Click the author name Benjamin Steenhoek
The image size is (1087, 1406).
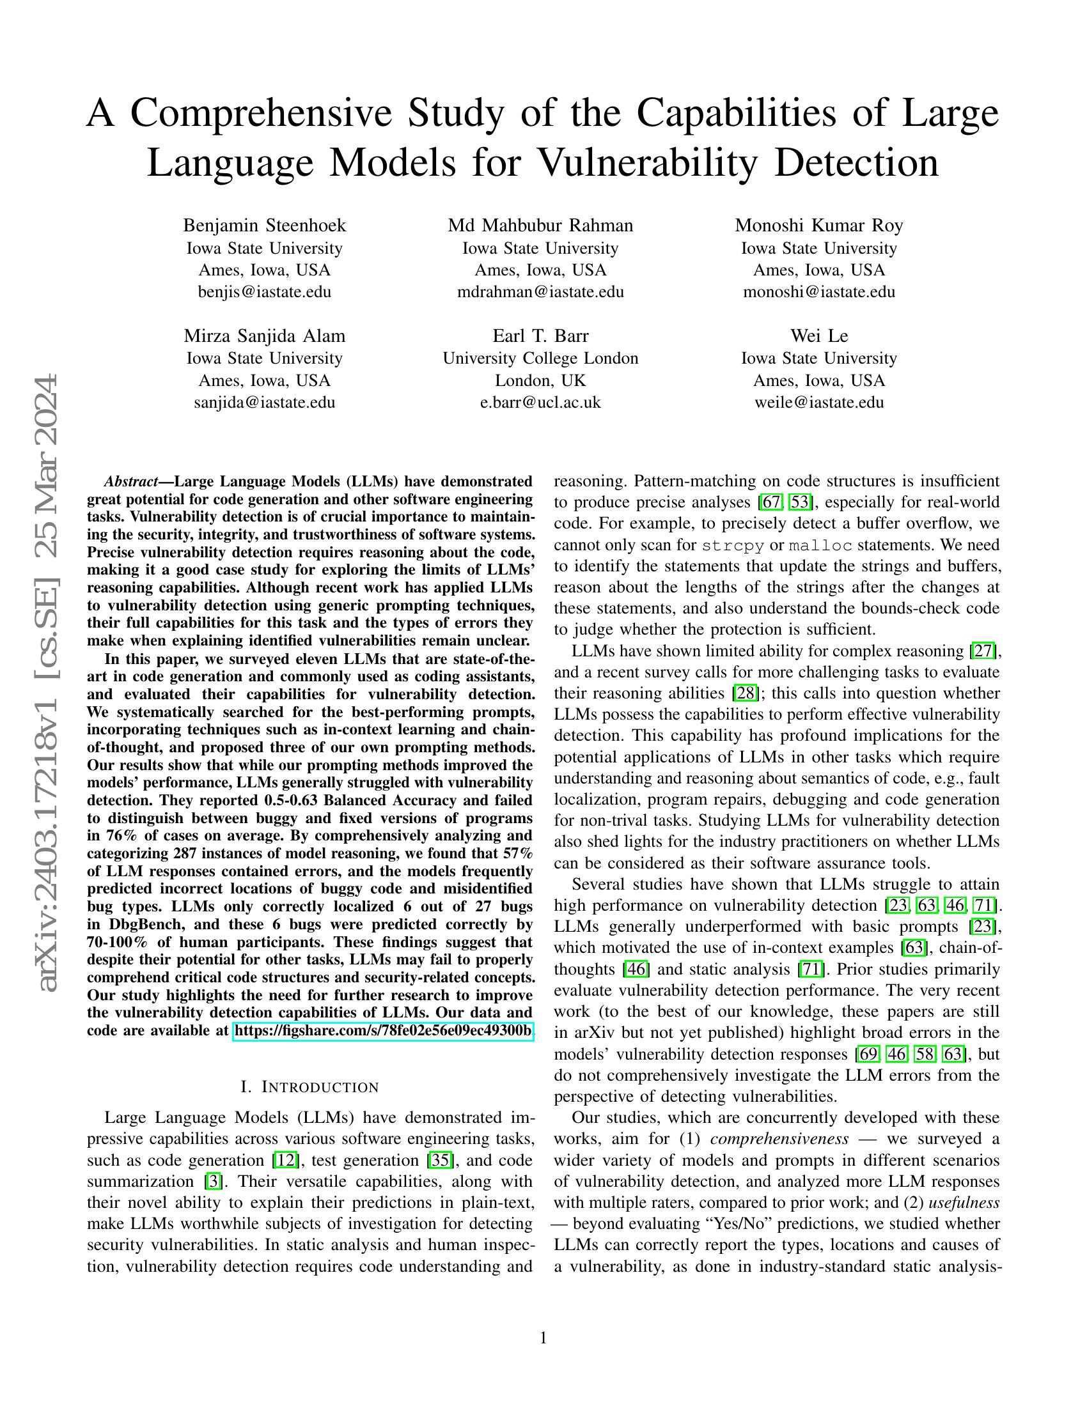(265, 226)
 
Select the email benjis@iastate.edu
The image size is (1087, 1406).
(265, 291)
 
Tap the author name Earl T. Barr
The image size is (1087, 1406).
(540, 336)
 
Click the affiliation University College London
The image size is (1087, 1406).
(540, 358)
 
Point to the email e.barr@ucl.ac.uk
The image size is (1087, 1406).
(540, 403)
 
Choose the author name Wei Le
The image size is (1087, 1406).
(819, 336)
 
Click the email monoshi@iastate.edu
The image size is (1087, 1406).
(819, 291)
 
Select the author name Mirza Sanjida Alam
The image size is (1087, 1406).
(265, 336)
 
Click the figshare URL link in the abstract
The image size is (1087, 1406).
(383, 1031)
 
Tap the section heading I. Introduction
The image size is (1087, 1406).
(309, 1087)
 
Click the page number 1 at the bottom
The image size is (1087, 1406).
(543, 1338)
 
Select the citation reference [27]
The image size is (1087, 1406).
(983, 651)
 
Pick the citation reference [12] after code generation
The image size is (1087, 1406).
(284, 1160)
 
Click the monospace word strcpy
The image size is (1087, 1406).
(733, 545)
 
